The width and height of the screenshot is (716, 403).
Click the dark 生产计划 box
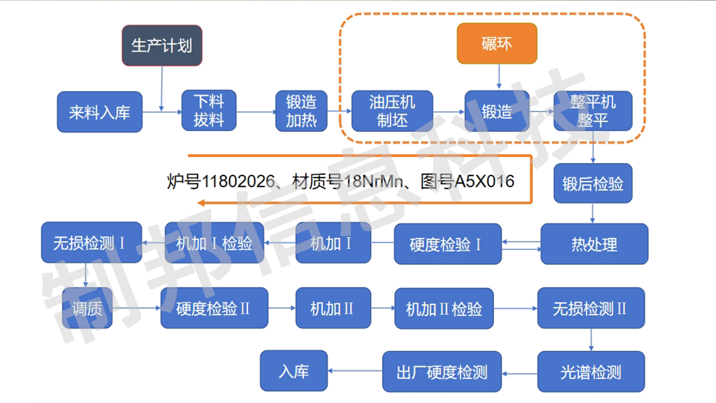pos(162,45)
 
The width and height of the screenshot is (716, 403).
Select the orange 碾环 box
pos(497,44)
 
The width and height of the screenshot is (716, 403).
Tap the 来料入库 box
pos(100,112)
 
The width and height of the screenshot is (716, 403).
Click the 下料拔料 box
pos(209,111)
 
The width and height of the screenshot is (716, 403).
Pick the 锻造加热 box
pos(301,111)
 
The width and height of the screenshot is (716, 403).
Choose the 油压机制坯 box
pos(392,111)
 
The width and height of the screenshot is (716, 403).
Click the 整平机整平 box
pos(592,111)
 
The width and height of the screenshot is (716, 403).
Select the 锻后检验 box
pos(592,183)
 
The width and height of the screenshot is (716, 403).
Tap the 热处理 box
pos(594,244)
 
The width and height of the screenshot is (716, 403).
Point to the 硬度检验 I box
pos(447,244)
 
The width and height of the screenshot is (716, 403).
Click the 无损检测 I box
pos(91,243)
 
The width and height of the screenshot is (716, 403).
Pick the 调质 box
pos(87,308)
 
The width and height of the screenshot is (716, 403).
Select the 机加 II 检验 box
pos(444,309)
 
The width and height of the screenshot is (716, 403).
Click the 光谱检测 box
pos(591,372)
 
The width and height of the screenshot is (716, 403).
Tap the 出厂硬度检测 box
pos(442,372)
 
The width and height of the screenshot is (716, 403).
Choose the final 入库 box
pos(294,371)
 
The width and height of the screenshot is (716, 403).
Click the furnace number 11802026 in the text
pos(238,181)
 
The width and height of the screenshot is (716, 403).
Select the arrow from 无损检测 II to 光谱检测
pos(591,340)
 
